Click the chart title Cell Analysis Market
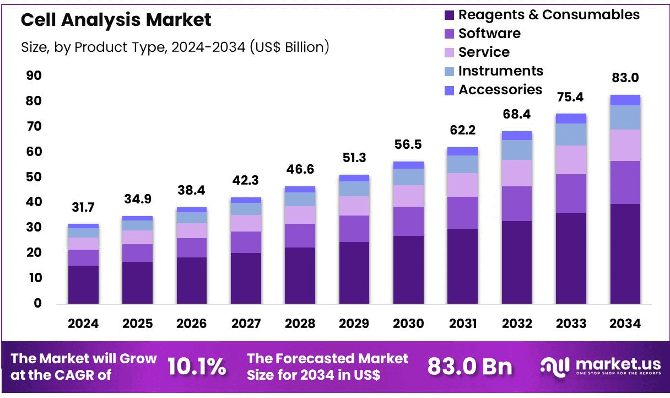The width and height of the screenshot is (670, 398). (116, 20)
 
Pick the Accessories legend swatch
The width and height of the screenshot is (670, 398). (449, 90)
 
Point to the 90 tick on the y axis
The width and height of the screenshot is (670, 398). (34, 76)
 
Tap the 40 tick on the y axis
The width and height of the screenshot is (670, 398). (34, 202)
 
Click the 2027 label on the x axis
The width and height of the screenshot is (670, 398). (245, 324)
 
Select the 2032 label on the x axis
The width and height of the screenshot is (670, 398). (516, 324)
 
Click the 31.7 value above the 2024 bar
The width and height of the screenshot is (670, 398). (83, 208)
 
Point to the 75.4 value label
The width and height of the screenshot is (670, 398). (571, 97)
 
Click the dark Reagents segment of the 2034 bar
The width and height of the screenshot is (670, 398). (625, 254)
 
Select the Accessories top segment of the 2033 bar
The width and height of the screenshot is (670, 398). (571, 119)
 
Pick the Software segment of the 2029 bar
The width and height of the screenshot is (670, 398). (354, 228)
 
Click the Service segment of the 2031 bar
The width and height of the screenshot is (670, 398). (462, 185)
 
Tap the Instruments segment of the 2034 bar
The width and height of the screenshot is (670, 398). (625, 117)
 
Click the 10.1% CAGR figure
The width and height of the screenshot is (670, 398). (197, 367)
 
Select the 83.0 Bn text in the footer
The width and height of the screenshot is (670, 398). (469, 367)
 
